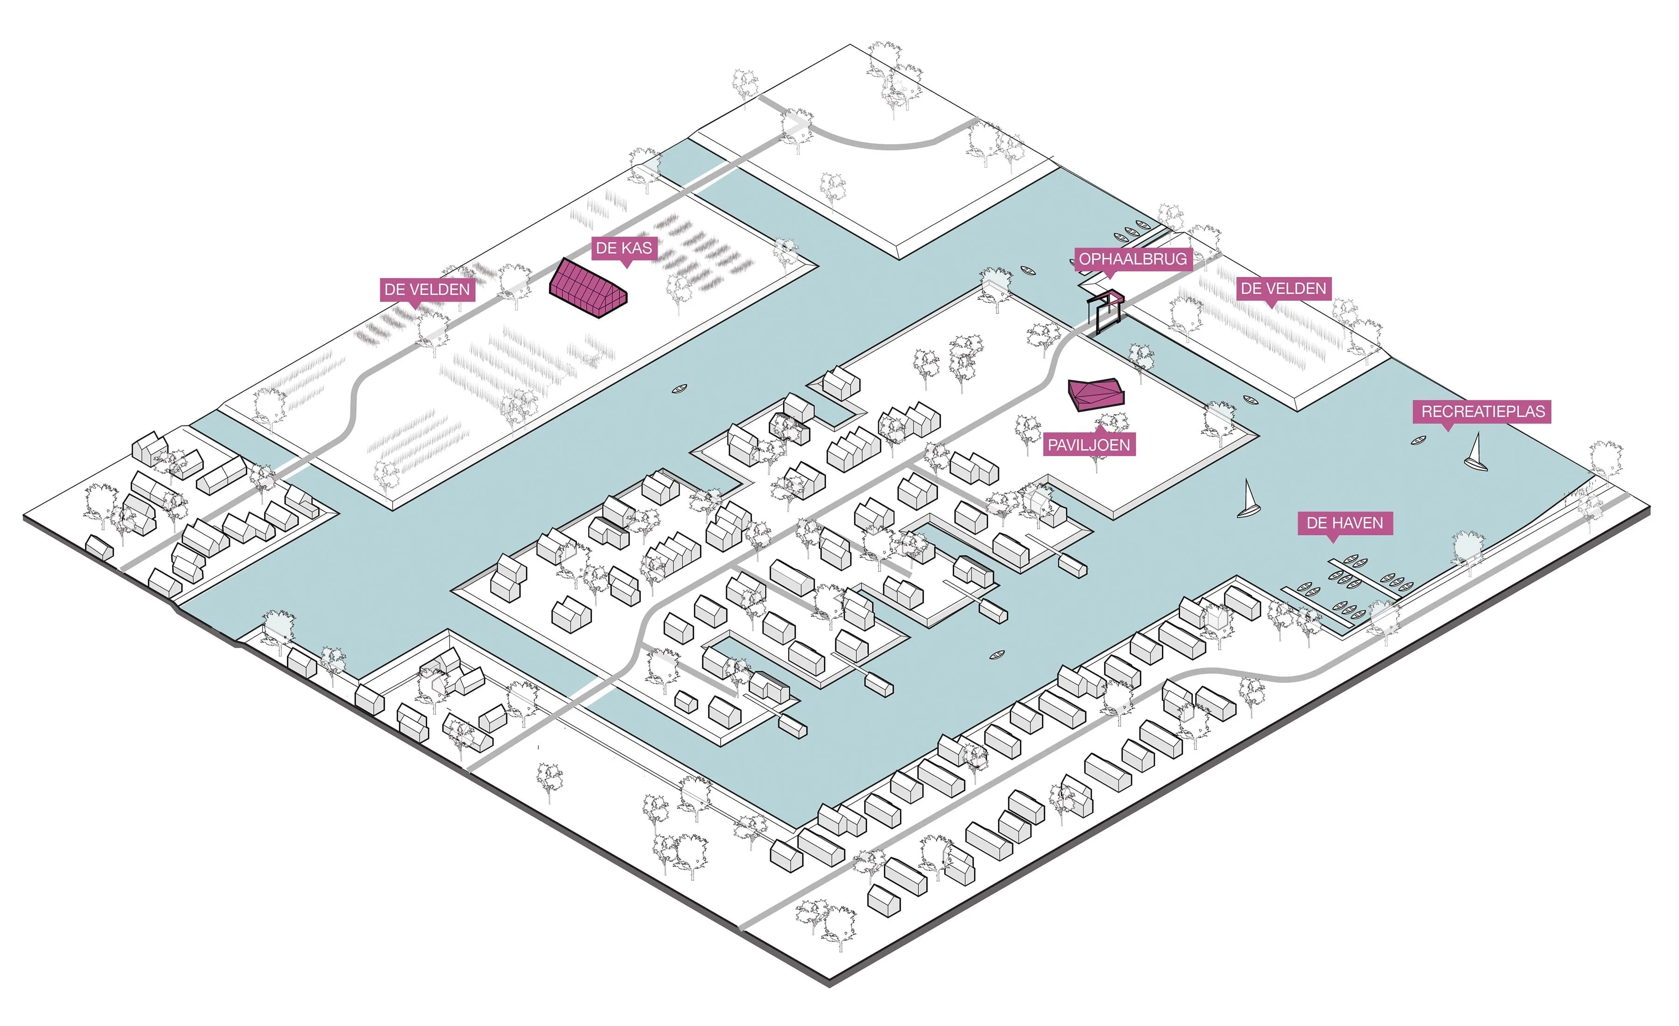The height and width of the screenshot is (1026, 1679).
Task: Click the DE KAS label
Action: tap(624, 248)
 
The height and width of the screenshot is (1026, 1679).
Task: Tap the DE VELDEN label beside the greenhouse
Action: tap(427, 290)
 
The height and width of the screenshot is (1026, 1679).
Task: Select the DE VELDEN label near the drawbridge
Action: tap(1283, 288)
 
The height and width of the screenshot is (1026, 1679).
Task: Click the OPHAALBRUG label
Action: tap(1132, 259)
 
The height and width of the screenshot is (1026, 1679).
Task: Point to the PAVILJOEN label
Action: tap(1088, 445)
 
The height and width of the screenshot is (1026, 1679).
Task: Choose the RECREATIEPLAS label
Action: tap(1483, 411)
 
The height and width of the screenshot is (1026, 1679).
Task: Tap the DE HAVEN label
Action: tap(1345, 523)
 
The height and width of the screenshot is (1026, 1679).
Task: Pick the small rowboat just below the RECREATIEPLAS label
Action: tap(1419, 441)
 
